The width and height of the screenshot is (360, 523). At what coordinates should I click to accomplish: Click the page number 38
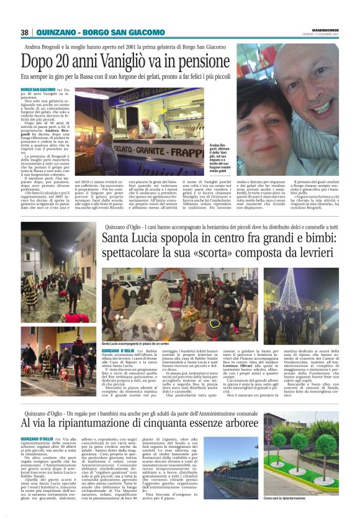(x=25, y=32)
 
